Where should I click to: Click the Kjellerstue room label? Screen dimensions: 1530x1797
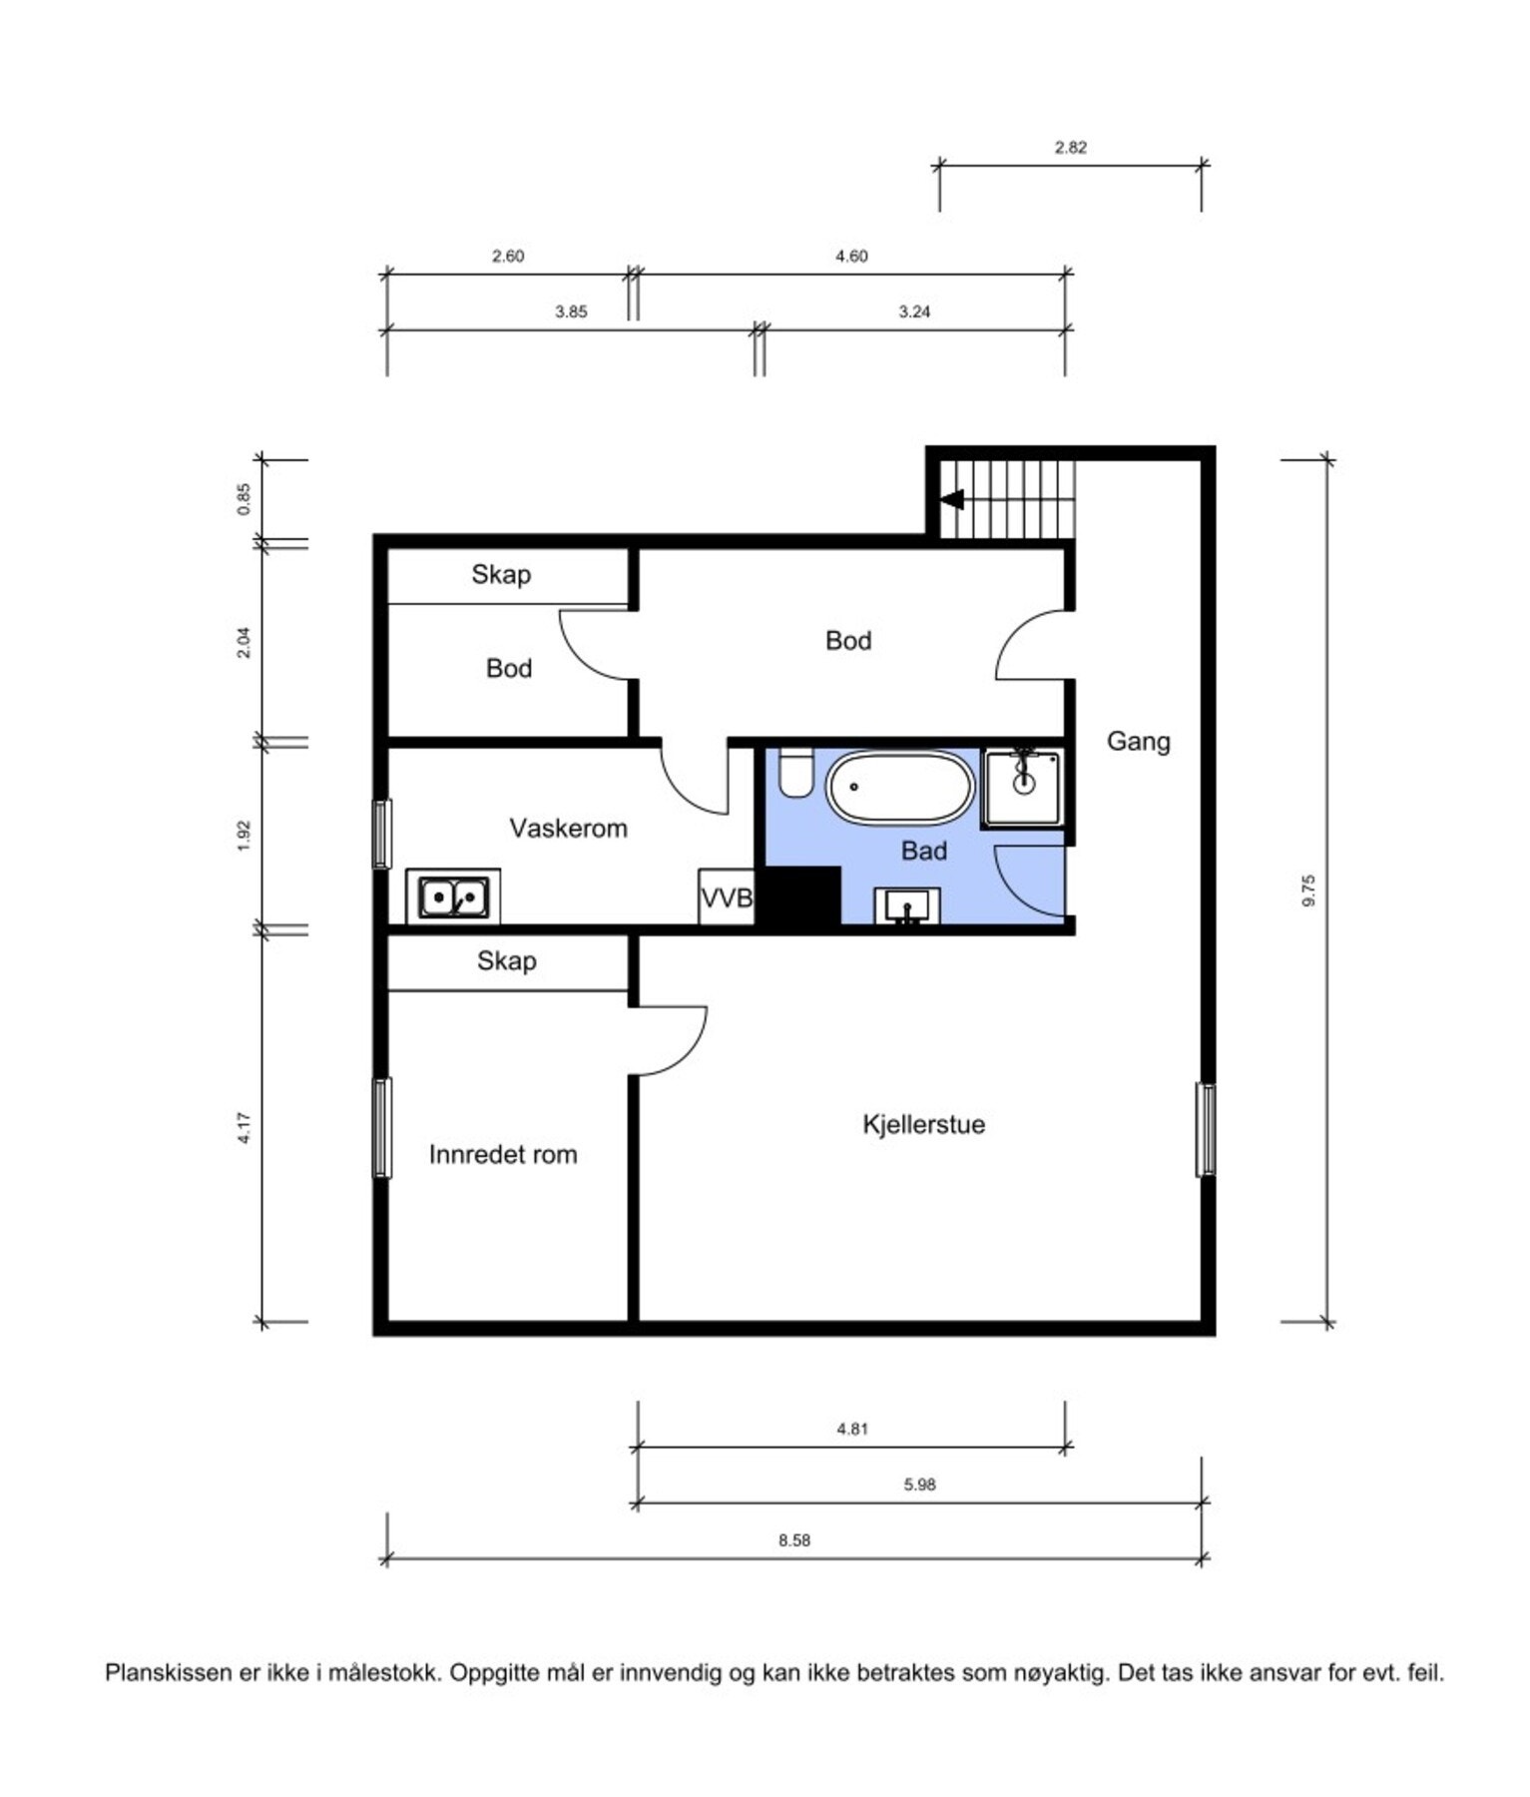(923, 1124)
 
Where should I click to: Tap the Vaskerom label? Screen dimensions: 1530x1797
(568, 828)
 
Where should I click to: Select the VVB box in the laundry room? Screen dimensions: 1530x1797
(726, 898)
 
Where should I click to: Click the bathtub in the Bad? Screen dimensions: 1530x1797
(899, 788)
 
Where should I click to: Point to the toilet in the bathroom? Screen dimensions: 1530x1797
(796, 773)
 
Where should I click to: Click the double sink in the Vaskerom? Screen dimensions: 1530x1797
(453, 897)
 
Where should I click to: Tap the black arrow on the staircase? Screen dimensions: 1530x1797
(952, 498)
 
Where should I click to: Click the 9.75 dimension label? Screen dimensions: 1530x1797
(1309, 891)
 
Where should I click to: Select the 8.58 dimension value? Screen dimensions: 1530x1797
(794, 1540)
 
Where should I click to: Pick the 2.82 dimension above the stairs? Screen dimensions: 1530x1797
(1070, 148)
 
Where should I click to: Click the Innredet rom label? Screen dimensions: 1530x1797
(503, 1154)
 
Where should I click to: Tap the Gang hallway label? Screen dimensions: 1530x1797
(1139, 741)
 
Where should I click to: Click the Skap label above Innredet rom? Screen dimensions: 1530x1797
(507, 960)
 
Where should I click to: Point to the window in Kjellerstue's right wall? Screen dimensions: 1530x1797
(1206, 1129)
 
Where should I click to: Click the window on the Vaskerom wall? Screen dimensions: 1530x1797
(382, 834)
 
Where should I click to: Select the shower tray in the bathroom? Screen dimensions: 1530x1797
(1023, 789)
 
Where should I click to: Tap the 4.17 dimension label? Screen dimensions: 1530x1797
(244, 1127)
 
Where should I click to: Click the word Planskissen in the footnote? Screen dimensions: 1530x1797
(169, 1672)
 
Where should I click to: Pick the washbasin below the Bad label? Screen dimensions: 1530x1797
(907, 906)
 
